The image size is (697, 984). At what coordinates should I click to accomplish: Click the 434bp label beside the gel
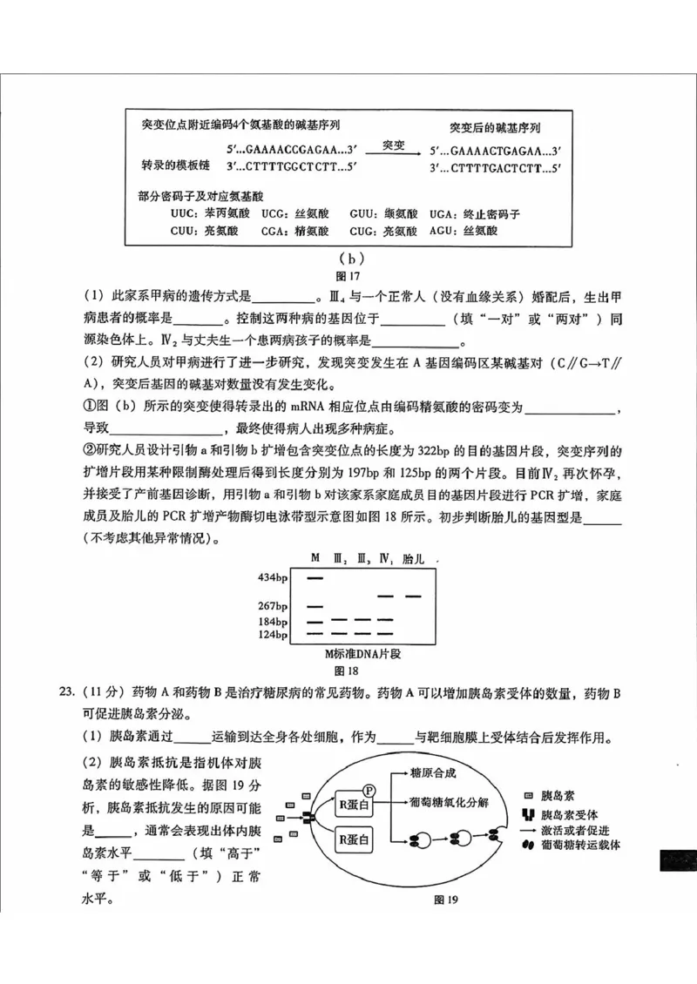point(272,577)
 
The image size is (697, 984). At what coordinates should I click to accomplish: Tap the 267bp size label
point(272,606)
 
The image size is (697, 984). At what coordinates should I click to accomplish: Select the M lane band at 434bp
point(316,577)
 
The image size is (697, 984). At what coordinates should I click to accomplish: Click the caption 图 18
point(347,671)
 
